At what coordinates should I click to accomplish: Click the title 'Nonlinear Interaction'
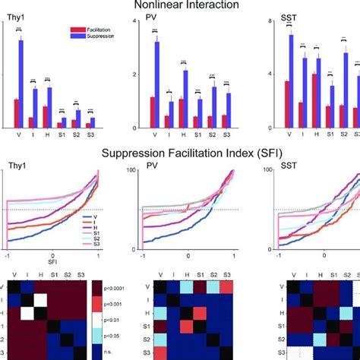180,6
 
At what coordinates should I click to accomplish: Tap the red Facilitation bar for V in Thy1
15,112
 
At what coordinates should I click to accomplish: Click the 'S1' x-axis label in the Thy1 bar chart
62,137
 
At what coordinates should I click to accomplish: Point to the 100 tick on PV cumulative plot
131,169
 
